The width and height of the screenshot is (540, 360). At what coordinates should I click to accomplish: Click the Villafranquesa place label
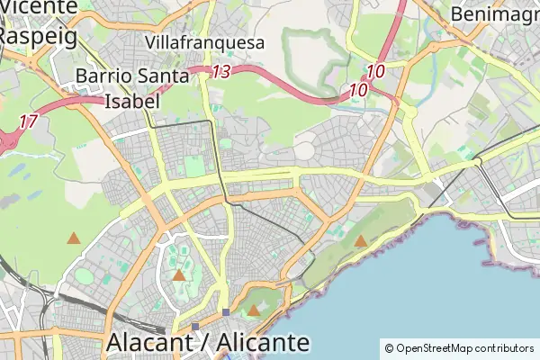coord(204,42)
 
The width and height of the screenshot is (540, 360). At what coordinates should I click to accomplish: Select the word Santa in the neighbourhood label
coord(164,76)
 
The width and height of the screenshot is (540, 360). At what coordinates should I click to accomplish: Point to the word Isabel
coord(132,101)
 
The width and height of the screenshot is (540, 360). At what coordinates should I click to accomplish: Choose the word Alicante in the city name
coord(262,343)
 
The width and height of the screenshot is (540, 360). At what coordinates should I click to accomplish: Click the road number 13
coord(221,71)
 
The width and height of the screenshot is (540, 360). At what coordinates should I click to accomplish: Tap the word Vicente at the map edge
coord(40,7)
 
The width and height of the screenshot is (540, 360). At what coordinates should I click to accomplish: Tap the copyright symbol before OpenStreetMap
coord(389,348)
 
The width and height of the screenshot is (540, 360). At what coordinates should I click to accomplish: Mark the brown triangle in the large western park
coord(73,239)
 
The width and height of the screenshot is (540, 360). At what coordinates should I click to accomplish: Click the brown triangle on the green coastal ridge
coord(361,241)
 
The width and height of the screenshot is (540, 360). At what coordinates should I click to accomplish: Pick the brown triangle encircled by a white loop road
coord(179,275)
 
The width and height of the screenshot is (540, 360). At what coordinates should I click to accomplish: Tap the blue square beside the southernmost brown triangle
coord(226,311)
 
